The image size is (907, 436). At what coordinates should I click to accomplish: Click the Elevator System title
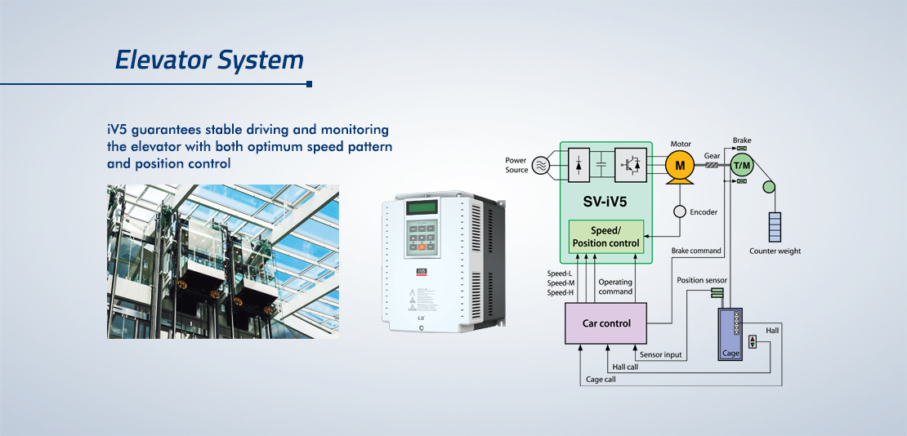tap(209, 60)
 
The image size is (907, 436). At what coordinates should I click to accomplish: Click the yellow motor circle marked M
tap(680, 166)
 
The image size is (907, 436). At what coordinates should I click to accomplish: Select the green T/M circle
tap(742, 166)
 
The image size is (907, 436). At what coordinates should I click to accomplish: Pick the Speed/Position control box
tap(606, 236)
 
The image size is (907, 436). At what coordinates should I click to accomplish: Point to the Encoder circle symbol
tap(680, 212)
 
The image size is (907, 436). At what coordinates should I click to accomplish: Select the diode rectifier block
tap(579, 166)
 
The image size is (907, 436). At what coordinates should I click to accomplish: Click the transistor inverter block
tap(631, 166)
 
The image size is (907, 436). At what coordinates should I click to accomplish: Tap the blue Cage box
tap(730, 334)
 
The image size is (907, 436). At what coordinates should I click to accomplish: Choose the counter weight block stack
tap(775, 227)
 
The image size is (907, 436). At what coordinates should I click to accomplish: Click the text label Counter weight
tap(775, 251)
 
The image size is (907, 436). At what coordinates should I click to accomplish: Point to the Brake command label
tap(696, 251)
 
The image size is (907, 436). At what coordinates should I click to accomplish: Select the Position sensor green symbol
tap(718, 292)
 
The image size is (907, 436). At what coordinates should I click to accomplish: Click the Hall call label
tap(625, 367)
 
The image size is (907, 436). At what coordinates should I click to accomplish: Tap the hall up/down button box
tap(753, 341)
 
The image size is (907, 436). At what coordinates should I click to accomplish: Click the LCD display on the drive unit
tap(422, 207)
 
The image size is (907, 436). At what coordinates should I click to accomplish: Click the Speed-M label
tap(561, 283)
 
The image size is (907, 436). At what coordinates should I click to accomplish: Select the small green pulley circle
tap(769, 187)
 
